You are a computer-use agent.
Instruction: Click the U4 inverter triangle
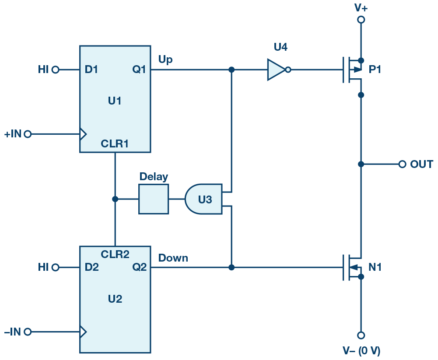pos(275,70)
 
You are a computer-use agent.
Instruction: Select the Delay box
pos(153,199)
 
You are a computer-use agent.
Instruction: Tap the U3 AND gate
pos(204,199)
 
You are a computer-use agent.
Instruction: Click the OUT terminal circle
pos(402,164)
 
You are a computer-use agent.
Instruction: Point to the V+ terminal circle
pos(361,20)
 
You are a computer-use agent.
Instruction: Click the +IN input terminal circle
pos(28,134)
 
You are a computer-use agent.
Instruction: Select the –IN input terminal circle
pos(28,332)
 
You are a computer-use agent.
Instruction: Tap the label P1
pos(375,70)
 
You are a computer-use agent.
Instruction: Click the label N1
pos(375,267)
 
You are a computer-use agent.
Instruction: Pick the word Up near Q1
pos(165,59)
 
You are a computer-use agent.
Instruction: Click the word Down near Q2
pos(173,258)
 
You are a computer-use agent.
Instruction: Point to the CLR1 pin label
pos(115,143)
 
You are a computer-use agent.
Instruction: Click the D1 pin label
pos(91,70)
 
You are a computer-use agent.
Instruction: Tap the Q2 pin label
pos(139,267)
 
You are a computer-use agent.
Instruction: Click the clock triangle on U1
pos(83,134)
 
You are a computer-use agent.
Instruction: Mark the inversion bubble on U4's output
pos(287,70)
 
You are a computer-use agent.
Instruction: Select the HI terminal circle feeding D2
pos(55,267)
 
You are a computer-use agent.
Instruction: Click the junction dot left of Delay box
pos(115,199)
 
